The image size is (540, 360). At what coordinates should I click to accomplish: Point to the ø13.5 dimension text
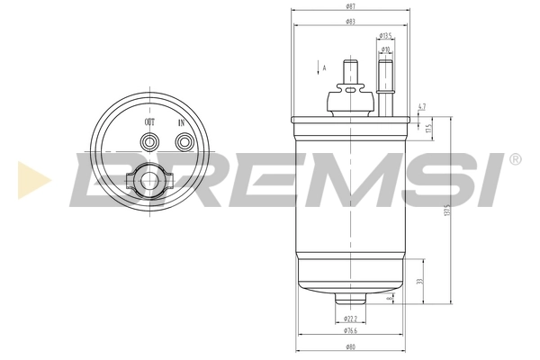pos(384,37)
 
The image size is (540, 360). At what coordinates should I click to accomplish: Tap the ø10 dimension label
pos(384,49)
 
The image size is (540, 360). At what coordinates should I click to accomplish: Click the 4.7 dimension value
pos(422,107)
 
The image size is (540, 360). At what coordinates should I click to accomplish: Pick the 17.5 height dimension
pos(430,129)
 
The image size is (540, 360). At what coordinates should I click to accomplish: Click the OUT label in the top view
pos(149,122)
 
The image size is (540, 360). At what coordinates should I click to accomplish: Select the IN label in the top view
pos(184,122)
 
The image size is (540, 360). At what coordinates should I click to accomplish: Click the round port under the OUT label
pos(149,141)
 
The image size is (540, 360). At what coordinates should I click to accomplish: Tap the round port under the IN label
pos(184,141)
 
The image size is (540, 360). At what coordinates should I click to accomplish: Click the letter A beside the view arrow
pos(325,67)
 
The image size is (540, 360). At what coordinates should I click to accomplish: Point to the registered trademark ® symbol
pos(515,160)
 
